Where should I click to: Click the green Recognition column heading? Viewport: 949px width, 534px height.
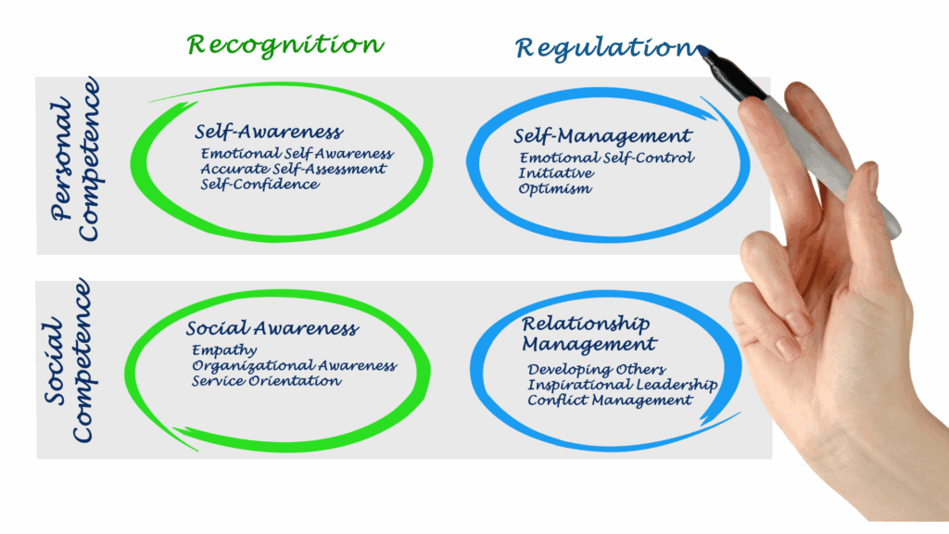click(x=285, y=44)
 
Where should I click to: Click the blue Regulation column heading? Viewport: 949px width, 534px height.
click(x=603, y=46)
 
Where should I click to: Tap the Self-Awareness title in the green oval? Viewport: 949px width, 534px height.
click(x=269, y=133)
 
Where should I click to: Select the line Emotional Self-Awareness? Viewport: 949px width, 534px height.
click(x=297, y=154)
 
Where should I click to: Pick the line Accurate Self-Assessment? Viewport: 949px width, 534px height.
click(x=293, y=169)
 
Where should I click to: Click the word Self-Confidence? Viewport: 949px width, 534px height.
click(x=259, y=184)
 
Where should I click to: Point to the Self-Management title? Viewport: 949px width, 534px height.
click(x=602, y=137)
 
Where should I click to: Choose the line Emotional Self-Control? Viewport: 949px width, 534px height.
click(x=606, y=159)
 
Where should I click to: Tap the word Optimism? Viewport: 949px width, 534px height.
click(x=555, y=188)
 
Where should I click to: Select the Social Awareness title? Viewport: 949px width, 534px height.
click(x=272, y=329)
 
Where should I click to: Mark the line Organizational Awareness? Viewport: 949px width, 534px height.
click(x=294, y=366)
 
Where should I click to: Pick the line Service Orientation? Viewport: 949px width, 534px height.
click(x=266, y=381)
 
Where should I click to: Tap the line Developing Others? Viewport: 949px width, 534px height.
click(x=596, y=370)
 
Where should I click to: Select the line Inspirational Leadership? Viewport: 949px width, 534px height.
click(x=622, y=385)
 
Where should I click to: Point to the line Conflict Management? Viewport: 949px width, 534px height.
click(x=610, y=400)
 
